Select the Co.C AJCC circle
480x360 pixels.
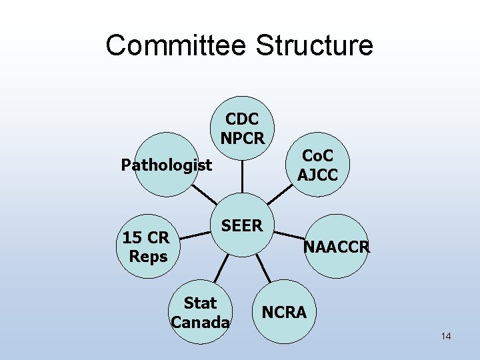tap(317, 165)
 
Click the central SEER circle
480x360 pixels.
tap(242, 226)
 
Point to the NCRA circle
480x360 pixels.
tap(284, 311)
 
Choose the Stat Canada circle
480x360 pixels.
tap(200, 313)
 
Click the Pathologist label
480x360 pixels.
tap(167, 165)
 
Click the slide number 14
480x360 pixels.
tap(446, 336)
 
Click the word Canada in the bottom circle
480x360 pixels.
tap(200, 323)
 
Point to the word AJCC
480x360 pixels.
tap(317, 175)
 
